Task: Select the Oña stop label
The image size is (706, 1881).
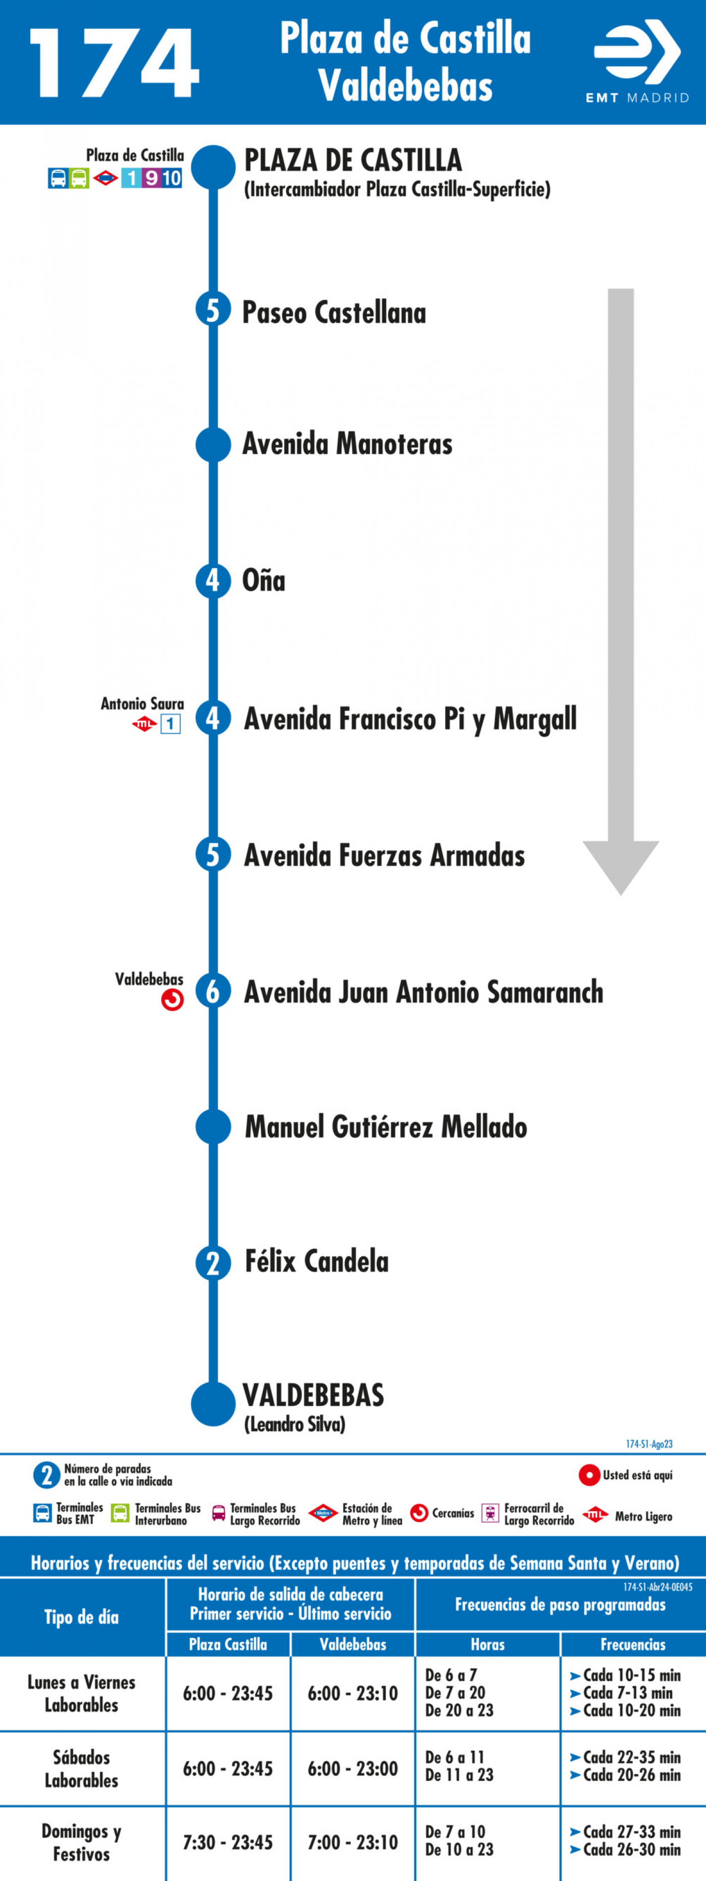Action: [263, 581]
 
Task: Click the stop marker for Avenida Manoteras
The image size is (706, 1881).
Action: [213, 444]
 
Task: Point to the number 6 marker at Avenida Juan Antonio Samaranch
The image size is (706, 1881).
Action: [213, 992]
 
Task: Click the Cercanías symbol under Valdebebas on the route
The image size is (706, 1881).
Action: [172, 1000]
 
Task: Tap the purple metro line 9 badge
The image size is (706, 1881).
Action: [151, 177]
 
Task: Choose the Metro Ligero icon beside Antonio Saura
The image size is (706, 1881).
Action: [144, 724]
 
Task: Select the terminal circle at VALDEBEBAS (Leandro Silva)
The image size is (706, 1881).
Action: [213, 1403]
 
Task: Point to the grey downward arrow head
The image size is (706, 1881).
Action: [621, 868]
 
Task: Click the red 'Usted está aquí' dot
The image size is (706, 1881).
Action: [589, 1475]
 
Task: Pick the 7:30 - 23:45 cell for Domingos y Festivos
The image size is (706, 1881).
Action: [228, 1842]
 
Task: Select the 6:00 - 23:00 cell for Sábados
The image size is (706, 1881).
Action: [353, 1768]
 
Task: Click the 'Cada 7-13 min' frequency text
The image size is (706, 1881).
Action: [626, 1693]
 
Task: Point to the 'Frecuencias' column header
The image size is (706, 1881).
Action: [633, 1644]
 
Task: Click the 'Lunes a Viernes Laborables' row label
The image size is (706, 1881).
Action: [82, 1693]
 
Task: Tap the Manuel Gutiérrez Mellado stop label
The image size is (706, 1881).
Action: [386, 1127]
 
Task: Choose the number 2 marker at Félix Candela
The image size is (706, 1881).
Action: [213, 1262]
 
